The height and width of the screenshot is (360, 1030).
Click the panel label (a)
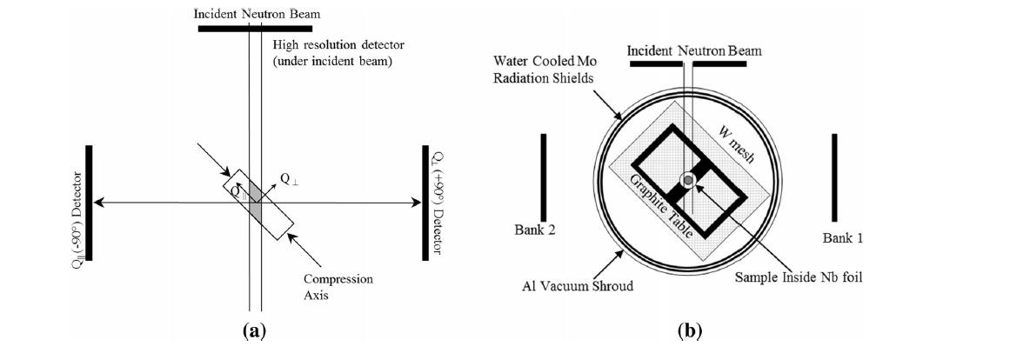pos(253,331)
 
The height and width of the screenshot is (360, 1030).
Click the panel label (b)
pos(690,331)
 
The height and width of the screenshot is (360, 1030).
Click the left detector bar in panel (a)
pos(89,203)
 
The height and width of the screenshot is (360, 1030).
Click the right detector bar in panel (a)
pos(425,203)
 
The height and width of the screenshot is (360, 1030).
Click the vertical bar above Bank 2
pos(543,177)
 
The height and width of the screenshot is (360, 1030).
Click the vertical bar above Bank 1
pos(834,177)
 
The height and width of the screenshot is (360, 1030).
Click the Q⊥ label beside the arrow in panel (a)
pos(290,178)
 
